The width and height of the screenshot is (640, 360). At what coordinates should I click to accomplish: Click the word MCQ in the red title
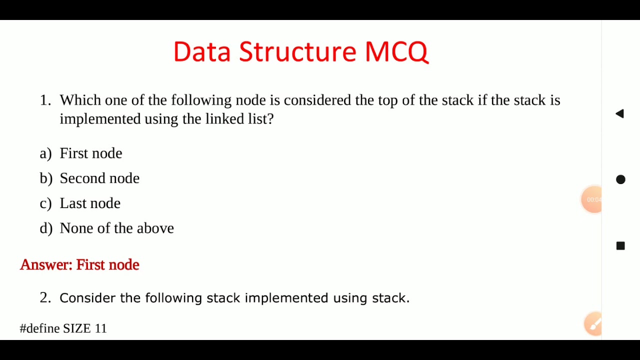(x=396, y=51)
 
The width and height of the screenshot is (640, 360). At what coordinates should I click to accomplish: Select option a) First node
(x=90, y=153)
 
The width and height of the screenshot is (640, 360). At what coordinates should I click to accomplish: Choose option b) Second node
(x=99, y=178)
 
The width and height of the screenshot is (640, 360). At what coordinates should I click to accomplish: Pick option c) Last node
(x=90, y=203)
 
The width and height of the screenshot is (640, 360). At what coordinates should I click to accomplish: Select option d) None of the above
(x=116, y=228)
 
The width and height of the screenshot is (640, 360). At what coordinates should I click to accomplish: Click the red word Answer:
(x=46, y=264)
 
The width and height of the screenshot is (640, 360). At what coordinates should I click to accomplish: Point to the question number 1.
(x=45, y=100)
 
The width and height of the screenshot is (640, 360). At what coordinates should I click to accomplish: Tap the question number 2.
(x=45, y=298)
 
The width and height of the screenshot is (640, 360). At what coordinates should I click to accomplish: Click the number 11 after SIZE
(x=100, y=328)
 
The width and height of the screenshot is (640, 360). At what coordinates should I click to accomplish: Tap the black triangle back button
(x=620, y=113)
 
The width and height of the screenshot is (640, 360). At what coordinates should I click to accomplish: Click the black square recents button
(x=620, y=245)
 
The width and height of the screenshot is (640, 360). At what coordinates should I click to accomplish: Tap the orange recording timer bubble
(x=592, y=199)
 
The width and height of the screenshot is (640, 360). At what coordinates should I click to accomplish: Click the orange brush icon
(x=594, y=324)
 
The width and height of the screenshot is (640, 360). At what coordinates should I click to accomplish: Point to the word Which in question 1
(x=80, y=100)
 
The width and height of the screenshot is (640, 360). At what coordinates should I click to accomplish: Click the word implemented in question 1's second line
(x=100, y=119)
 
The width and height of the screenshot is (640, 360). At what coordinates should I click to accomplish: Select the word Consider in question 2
(x=87, y=298)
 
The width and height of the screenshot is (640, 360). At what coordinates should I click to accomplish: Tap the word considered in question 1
(x=317, y=100)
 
